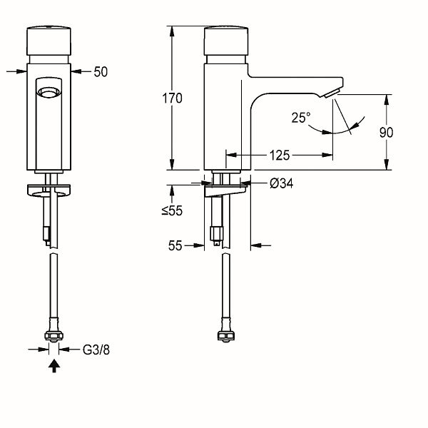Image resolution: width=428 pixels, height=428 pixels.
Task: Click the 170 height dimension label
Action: [x=172, y=98]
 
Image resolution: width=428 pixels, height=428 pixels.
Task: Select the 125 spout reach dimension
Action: [x=280, y=156]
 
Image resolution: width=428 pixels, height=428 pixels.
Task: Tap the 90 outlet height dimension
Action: [x=386, y=133]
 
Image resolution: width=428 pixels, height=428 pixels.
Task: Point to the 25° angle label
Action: [x=301, y=118]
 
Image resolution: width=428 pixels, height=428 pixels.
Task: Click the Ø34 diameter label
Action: [x=282, y=183]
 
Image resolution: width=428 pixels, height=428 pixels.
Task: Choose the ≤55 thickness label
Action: [x=172, y=210]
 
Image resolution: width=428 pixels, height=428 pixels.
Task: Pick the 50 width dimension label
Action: [x=101, y=72]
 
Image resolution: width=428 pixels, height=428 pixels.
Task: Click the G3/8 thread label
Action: [x=96, y=350]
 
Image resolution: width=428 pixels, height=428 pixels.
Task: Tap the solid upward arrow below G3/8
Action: [x=54, y=366]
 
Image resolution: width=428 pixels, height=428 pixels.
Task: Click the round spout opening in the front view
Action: [x=49, y=92]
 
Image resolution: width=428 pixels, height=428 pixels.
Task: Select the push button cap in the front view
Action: [x=49, y=41]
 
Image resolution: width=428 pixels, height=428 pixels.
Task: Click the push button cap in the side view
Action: [x=226, y=41]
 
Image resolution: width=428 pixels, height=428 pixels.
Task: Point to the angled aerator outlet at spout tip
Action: [x=332, y=93]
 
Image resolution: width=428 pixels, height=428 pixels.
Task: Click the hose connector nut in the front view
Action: [x=53, y=336]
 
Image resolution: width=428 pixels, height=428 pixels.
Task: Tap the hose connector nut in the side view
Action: [x=226, y=336]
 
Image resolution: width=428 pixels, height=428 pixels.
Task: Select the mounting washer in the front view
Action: [x=49, y=190]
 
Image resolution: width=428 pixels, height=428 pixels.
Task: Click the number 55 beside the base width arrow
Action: [x=175, y=245]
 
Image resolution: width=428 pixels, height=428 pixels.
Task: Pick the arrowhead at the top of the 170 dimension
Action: [x=172, y=31]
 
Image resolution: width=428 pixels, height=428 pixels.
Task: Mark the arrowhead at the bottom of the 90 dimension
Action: [x=386, y=164]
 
